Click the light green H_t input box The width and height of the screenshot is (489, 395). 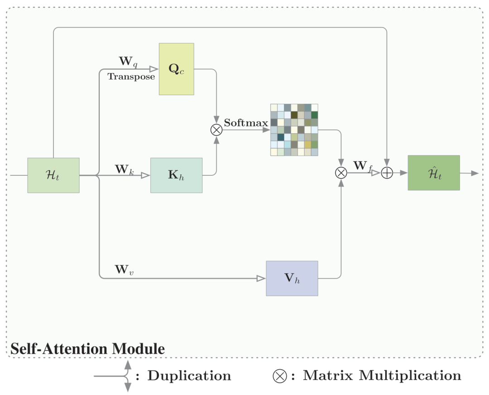tap(53, 175)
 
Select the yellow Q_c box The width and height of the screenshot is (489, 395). tap(176, 69)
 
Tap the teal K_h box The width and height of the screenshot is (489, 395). tap(176, 175)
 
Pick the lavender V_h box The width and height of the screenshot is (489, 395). tap(292, 278)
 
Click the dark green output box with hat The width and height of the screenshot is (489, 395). tap(433, 173)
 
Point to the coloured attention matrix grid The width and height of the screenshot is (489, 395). tap(294, 130)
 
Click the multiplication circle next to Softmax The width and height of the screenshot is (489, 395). tap(216, 130)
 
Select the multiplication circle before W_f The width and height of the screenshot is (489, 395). tap(340, 173)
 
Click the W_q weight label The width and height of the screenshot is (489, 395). tap(127, 61)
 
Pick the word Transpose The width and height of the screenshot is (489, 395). tap(131, 77)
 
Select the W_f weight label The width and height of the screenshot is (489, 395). tap(363, 166)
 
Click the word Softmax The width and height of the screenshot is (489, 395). tap(246, 123)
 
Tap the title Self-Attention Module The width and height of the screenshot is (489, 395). tap(87, 349)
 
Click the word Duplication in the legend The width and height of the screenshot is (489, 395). tap(189, 376)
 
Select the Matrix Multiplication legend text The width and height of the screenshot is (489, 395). tap(382, 376)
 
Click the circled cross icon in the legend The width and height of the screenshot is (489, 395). tap(279, 376)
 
